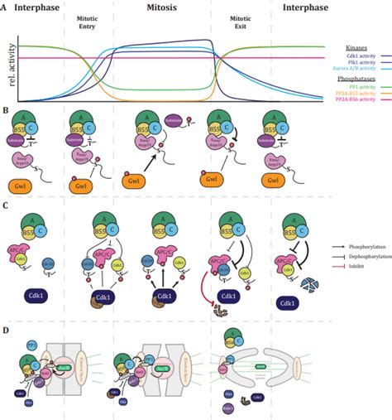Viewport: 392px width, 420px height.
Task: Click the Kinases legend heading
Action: coord(366,48)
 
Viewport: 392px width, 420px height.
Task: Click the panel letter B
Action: coord(6,109)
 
